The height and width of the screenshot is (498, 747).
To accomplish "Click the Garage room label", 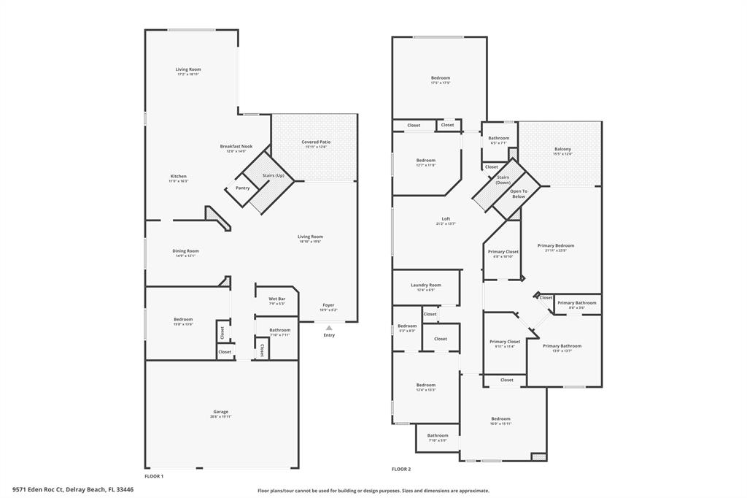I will pyautogui.click(x=220, y=412).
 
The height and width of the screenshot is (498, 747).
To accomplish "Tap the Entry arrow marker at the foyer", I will pyautogui.click(x=329, y=328).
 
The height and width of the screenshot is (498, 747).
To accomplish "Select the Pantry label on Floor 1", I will pyautogui.click(x=242, y=188).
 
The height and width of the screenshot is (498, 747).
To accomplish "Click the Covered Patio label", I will pyautogui.click(x=316, y=142).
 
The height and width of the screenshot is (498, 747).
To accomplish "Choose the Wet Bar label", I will pyautogui.click(x=276, y=299).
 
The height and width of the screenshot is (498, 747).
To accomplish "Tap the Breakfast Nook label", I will pyautogui.click(x=236, y=146).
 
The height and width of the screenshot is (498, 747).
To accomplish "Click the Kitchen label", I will pyautogui.click(x=179, y=176).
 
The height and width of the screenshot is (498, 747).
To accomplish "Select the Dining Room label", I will pyautogui.click(x=185, y=250).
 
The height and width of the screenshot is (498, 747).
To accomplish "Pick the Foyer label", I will pyautogui.click(x=329, y=304).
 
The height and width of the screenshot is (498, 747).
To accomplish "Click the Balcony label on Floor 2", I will pyautogui.click(x=562, y=149).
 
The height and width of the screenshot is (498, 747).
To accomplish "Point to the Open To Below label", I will pyautogui.click(x=518, y=194).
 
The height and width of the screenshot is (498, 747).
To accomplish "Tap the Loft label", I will pyautogui.click(x=446, y=219).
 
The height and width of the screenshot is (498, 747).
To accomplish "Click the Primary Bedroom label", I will pyautogui.click(x=556, y=245).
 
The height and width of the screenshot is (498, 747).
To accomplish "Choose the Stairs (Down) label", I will pyautogui.click(x=503, y=179).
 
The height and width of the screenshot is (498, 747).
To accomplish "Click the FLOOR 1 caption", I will pyautogui.click(x=154, y=476).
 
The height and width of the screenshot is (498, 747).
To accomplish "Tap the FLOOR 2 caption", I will pyautogui.click(x=401, y=469).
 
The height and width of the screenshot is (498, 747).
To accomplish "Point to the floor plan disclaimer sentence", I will pyautogui.click(x=373, y=491).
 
